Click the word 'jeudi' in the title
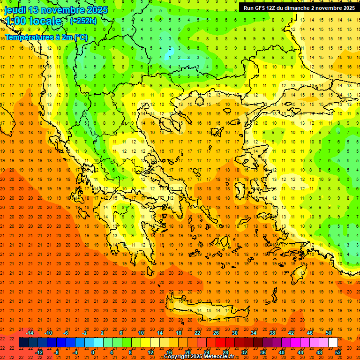(15, 10)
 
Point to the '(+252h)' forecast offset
(83, 21)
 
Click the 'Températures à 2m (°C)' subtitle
(46, 37)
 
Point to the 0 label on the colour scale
(92, 352)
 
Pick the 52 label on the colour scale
(338, 352)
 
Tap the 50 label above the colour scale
(328, 332)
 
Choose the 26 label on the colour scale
(216, 332)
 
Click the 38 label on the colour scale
(272, 332)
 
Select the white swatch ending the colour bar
(333, 343)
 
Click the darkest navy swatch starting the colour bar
(23, 343)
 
